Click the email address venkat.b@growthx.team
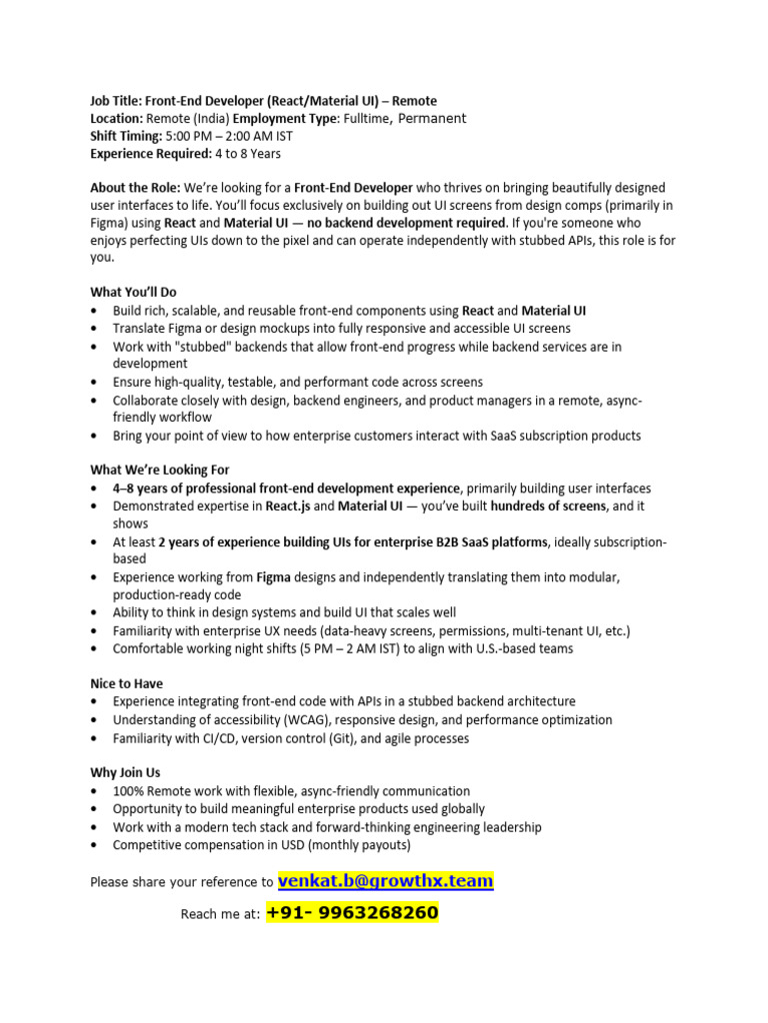click(385, 880)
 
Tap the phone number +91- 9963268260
click(352, 913)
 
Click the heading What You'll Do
click(133, 292)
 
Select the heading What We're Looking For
click(160, 470)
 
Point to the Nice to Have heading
click(127, 684)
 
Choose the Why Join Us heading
click(125, 773)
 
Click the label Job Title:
click(116, 101)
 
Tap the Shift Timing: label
click(126, 136)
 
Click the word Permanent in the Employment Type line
click(432, 118)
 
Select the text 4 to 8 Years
click(248, 154)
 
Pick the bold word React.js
click(289, 507)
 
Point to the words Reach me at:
click(220, 914)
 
